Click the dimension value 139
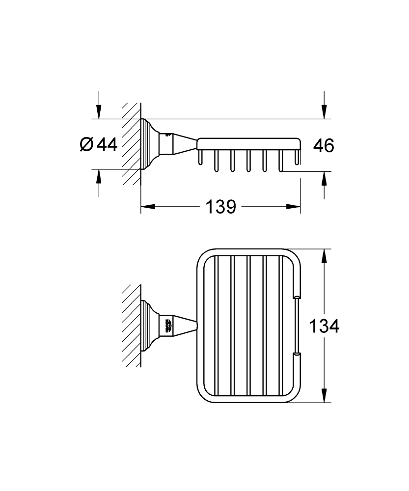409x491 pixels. (x=220, y=207)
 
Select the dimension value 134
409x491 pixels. (x=324, y=326)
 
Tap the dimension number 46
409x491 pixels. (x=324, y=145)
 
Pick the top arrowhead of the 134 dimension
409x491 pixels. (x=324, y=257)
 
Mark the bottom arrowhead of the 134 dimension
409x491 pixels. (x=324, y=395)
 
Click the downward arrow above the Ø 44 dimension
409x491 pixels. (x=99, y=112)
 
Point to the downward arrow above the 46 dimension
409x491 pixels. (x=324, y=112)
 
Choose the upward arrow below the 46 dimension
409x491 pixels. (x=324, y=179)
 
